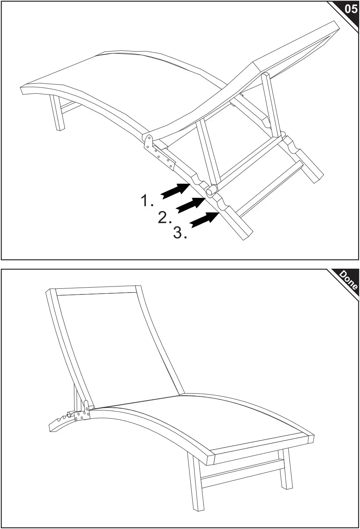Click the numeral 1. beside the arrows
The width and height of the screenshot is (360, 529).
click(147, 200)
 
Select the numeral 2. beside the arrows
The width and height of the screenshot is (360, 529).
click(164, 218)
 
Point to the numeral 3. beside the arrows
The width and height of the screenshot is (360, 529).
click(180, 233)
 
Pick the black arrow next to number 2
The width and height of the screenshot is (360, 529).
click(191, 205)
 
